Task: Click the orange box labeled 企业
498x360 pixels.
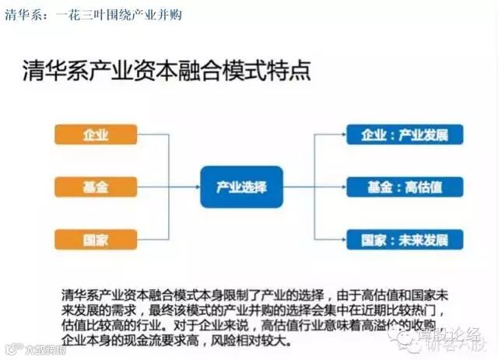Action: point(96,134)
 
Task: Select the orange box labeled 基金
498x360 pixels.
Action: point(96,187)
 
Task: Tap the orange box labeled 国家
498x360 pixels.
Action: point(96,239)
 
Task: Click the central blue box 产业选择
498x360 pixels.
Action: point(241,187)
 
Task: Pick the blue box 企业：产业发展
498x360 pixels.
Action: point(405,134)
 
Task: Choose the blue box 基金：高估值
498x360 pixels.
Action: point(405,187)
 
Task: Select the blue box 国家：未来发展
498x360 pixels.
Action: point(405,239)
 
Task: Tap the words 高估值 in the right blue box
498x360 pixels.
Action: point(423,187)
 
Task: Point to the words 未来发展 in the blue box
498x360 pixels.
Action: point(423,239)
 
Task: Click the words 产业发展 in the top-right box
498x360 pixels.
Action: point(423,134)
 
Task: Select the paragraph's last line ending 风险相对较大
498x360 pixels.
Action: point(179,341)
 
